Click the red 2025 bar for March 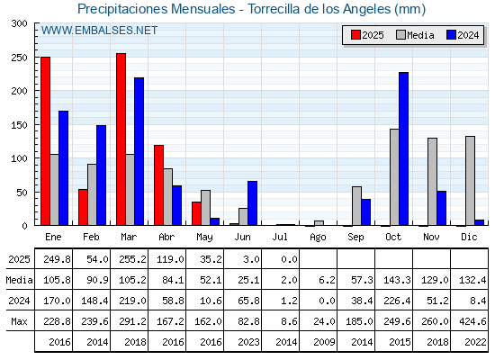(121, 139)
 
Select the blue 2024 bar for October (404, 148)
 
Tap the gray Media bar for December (470, 181)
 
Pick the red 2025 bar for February (83, 207)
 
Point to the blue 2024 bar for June (252, 203)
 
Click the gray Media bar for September (356, 206)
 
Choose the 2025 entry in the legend (368, 35)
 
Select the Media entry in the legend (415, 35)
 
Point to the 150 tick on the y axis (19, 125)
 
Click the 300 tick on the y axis (19, 23)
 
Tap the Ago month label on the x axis (318, 238)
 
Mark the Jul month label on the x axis (280, 237)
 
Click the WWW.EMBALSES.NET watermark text (99, 31)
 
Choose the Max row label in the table (19, 321)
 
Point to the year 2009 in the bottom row (324, 342)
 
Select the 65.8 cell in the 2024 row (248, 301)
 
